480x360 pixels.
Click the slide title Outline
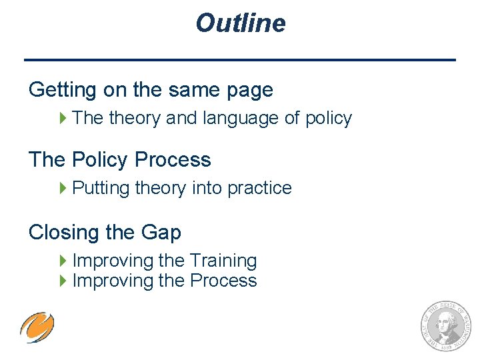tap(240, 23)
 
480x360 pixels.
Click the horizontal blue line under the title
tap(240, 60)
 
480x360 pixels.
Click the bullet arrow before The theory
tap(64, 119)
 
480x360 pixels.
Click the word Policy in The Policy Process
tap(99, 160)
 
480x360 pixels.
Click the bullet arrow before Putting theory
tap(64, 189)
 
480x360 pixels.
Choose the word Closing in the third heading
tap(57, 233)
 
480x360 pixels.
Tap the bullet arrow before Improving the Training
tap(64, 261)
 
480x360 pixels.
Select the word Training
tap(223, 261)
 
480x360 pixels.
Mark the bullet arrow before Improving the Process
tap(64, 281)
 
